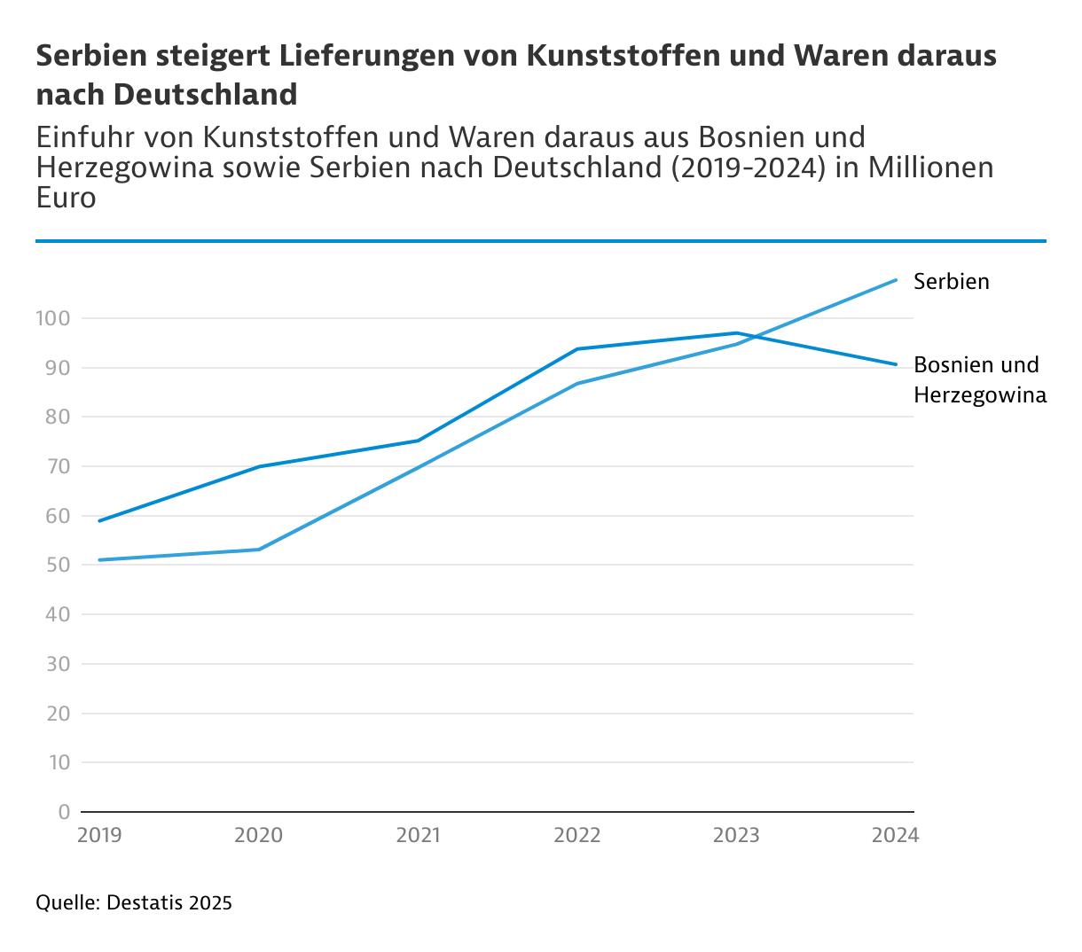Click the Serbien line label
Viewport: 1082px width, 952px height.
951,282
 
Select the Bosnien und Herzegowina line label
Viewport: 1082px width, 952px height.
979,379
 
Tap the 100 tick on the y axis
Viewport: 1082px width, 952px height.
52,318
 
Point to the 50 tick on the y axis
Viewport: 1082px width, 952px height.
58,565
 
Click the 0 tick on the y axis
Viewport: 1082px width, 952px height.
63,812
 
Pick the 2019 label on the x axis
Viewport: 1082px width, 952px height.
99,835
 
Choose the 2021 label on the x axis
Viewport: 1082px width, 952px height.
418,835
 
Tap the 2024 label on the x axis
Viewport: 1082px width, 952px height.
896,835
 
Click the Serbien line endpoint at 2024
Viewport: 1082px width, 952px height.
896,280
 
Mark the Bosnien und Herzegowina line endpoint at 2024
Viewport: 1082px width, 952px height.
896,364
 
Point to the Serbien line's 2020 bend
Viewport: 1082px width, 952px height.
259,550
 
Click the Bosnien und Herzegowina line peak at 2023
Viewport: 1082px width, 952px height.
737,333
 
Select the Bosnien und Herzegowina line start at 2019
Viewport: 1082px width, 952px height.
99,520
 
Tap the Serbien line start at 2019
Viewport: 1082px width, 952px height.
99,560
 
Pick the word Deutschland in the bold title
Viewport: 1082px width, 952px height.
205,94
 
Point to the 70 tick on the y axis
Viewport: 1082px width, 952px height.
58,466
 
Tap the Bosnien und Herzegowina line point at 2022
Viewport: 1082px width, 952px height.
577,349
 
